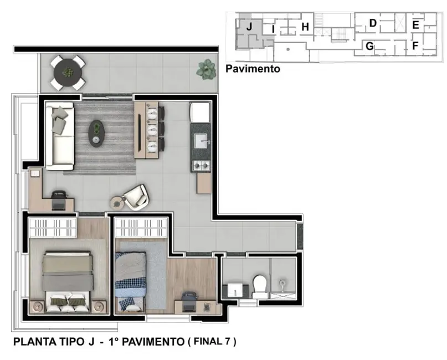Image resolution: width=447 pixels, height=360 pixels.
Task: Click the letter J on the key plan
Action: [249, 26]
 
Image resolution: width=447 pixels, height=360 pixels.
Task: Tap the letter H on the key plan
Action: [305, 27]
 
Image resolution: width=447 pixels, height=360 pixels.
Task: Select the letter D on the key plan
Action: [373, 23]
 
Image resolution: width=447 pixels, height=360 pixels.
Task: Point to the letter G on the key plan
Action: [369, 47]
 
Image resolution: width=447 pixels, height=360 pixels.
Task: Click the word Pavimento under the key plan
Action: [253, 69]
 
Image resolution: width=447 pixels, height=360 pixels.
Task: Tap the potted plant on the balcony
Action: [206, 69]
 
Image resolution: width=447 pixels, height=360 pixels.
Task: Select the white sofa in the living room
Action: [59, 137]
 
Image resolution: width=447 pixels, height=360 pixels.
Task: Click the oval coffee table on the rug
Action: [97, 133]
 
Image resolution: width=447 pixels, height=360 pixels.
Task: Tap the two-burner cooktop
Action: [201, 165]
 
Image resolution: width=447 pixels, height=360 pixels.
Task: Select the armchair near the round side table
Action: [135, 197]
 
